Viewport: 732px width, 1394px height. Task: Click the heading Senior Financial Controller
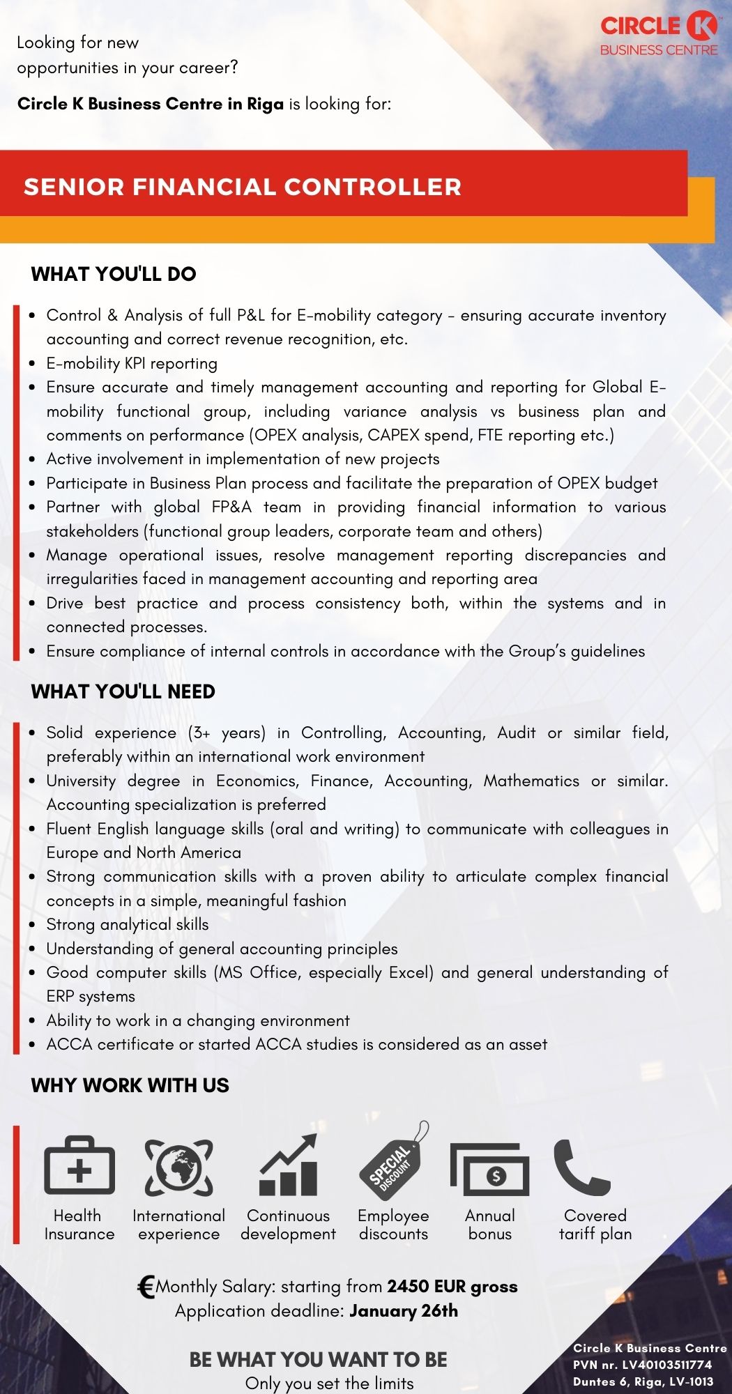[x=243, y=187]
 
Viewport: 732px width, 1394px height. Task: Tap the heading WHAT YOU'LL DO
[x=114, y=274]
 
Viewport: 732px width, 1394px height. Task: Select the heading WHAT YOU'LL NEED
[x=123, y=691]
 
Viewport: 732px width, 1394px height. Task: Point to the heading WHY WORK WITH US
[x=130, y=1085]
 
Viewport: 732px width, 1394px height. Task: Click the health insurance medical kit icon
[x=79, y=1166]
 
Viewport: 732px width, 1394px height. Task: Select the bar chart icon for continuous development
[x=289, y=1165]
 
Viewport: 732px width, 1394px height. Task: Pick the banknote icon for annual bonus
[x=490, y=1169]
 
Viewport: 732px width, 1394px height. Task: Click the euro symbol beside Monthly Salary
[x=146, y=1287]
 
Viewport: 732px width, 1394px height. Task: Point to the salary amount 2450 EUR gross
[x=452, y=1287]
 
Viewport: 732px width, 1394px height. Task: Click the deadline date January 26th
[x=404, y=1311]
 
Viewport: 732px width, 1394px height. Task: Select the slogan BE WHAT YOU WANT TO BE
[x=319, y=1359]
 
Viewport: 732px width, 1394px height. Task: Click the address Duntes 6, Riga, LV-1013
[x=643, y=1381]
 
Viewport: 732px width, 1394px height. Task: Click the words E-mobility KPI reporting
[x=132, y=363]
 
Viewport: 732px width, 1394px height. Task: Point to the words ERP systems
[x=91, y=996]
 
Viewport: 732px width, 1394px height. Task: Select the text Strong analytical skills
[x=128, y=924]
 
